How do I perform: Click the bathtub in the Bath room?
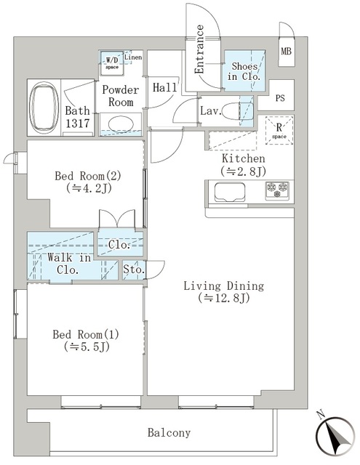tap(44, 108)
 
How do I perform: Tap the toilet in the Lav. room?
tap(237, 111)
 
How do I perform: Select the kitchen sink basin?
tap(230, 192)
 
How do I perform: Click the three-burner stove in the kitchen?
tap(277, 190)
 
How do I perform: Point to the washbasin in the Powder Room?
tap(121, 124)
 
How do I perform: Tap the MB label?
tap(286, 52)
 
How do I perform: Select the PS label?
tap(280, 98)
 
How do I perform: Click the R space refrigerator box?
tap(279, 131)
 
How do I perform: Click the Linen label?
tap(133, 57)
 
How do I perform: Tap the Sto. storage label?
tap(134, 270)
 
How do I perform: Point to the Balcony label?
tap(169, 433)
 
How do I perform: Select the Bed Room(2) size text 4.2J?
tap(89, 188)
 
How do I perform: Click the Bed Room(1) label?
tap(86, 335)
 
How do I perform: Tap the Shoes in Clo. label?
tap(244, 71)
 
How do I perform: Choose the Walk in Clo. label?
tap(69, 264)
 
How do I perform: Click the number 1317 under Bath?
tap(78, 123)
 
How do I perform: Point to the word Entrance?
tap(199, 49)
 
